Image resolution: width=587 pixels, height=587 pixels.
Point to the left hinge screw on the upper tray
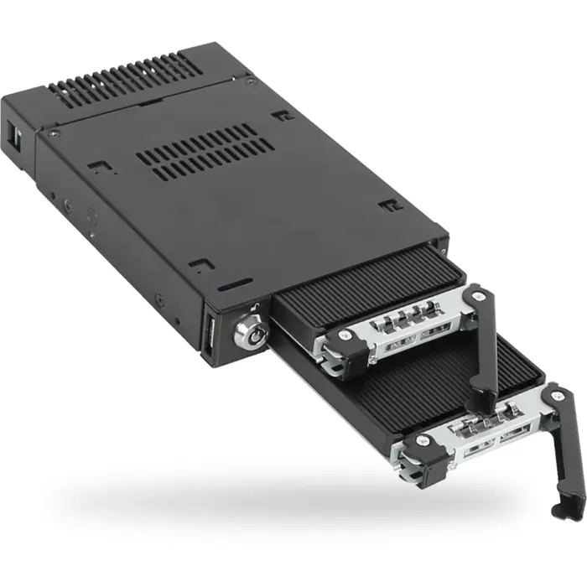tap(342, 336)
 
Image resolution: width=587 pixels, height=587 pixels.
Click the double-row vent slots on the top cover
tap(205, 151)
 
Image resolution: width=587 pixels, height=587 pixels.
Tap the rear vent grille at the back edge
tap(126, 81)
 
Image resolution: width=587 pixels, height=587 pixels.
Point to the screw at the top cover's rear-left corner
tap(55, 132)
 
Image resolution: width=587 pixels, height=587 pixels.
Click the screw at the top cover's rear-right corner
tap(249, 81)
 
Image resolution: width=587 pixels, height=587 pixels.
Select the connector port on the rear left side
tap(16, 137)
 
